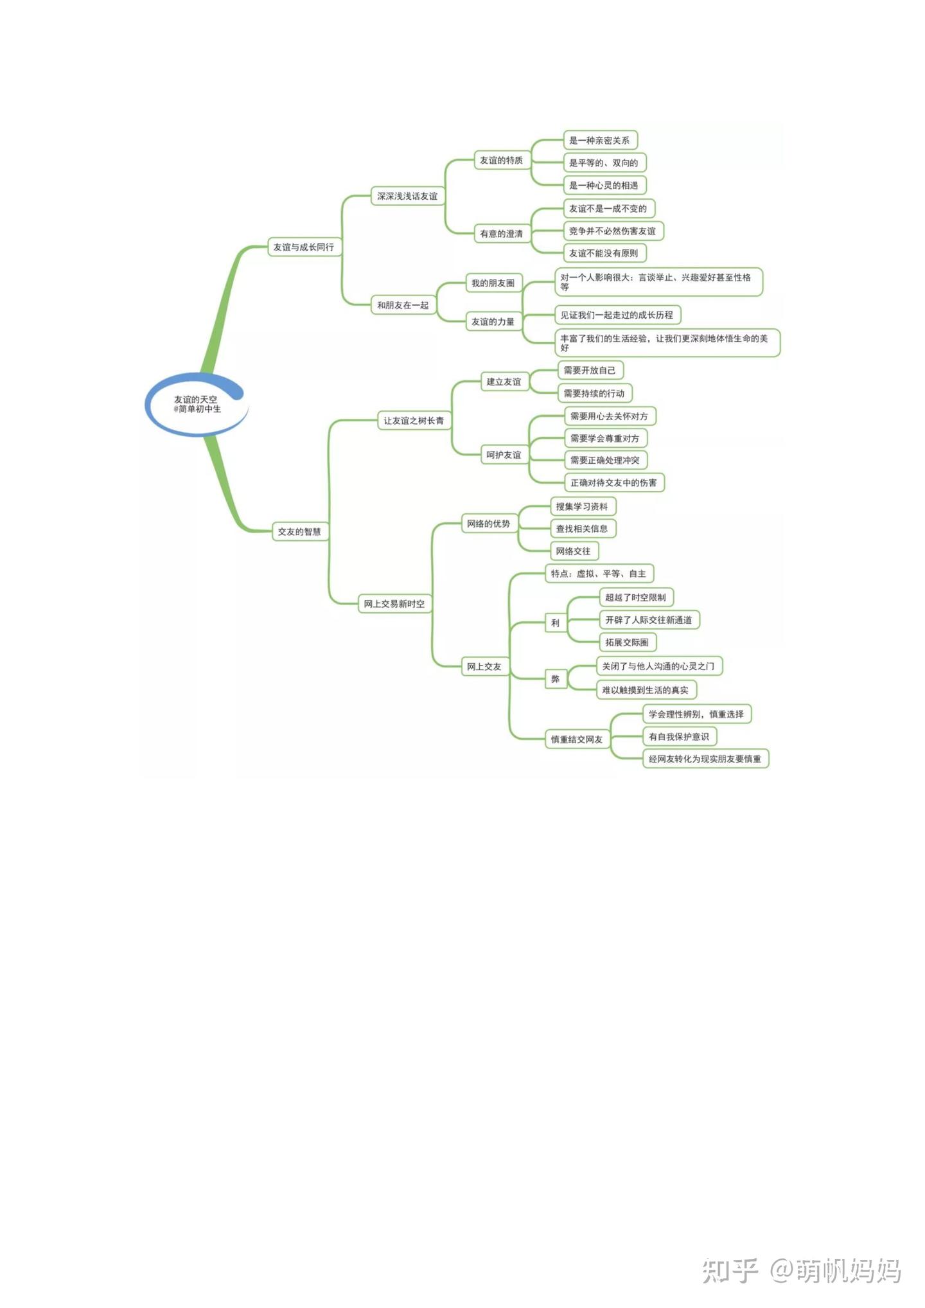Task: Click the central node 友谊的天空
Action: click(x=196, y=404)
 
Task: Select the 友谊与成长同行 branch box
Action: click(x=304, y=247)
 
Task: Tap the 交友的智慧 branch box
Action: click(x=299, y=531)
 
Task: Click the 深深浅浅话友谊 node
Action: click(x=407, y=196)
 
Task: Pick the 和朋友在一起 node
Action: click(x=403, y=305)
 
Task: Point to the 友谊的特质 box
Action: click(x=501, y=160)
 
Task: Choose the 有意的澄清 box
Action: click(x=501, y=233)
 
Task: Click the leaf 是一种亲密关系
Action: click(x=599, y=140)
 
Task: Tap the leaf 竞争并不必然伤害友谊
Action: click(x=612, y=231)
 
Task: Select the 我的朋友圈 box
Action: click(x=493, y=283)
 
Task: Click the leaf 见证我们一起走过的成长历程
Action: click(x=617, y=315)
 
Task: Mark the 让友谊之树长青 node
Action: click(x=414, y=421)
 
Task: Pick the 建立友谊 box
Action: click(x=504, y=382)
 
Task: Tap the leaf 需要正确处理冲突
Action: click(x=605, y=460)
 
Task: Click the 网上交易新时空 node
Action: click(x=394, y=604)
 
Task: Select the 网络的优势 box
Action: click(x=488, y=524)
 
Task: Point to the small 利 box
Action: click(x=555, y=623)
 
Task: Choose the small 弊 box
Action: click(x=555, y=679)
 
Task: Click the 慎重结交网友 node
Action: click(x=576, y=739)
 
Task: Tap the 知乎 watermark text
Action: click(x=730, y=1270)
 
